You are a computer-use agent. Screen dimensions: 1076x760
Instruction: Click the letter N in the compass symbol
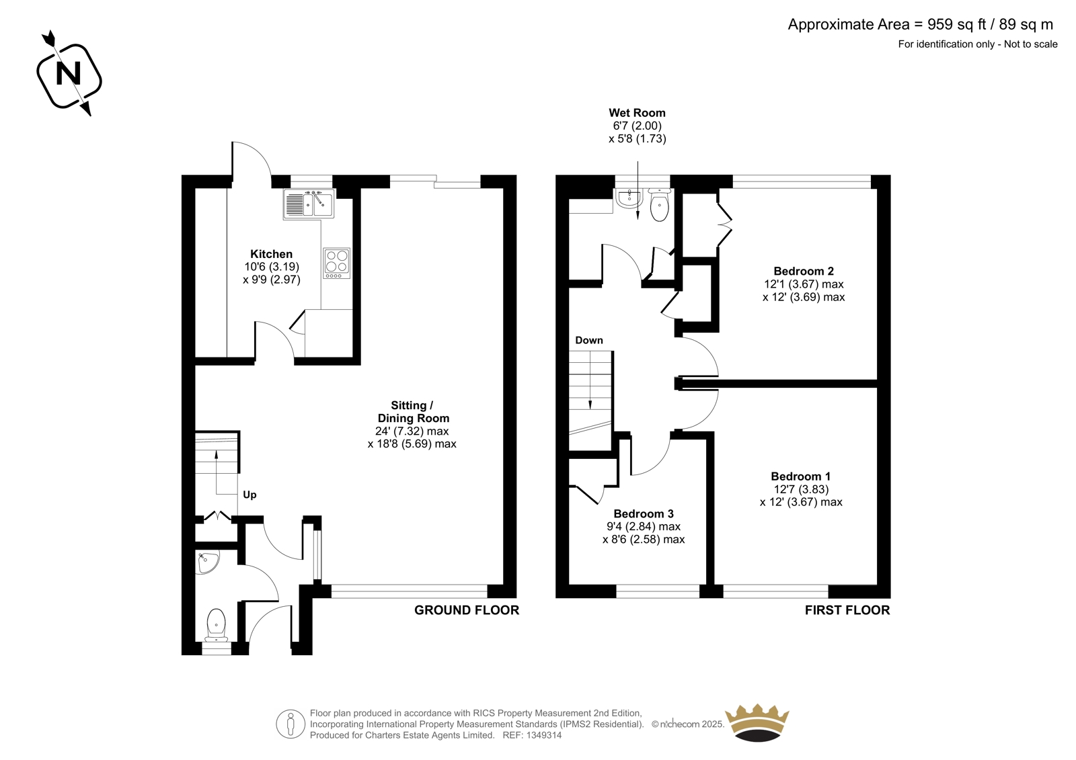coord(68,74)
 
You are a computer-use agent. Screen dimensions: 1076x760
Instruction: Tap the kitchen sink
coord(309,204)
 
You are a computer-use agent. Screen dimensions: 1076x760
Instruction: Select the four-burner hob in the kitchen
coord(337,263)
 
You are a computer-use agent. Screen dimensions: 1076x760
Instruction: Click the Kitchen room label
coord(272,254)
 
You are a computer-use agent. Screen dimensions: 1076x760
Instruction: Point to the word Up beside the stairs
coord(249,495)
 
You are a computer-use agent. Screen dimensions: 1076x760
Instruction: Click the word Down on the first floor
coord(589,340)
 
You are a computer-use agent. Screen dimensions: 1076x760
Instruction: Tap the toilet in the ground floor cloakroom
coord(216,625)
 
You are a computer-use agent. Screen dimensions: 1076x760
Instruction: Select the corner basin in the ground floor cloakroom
coord(207,562)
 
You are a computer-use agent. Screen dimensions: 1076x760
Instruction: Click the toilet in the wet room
coord(660,205)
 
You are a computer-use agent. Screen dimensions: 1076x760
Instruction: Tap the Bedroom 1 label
coord(801,476)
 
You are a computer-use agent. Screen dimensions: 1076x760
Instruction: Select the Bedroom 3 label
coord(644,513)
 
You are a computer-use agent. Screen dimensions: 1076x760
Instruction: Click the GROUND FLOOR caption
coord(467,610)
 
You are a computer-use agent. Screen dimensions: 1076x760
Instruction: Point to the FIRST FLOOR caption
coord(847,610)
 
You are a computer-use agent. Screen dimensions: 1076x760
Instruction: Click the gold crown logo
coord(757,722)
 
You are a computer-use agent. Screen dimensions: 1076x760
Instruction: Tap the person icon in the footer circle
coord(290,724)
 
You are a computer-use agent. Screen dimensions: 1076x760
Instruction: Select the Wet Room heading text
coord(637,113)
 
